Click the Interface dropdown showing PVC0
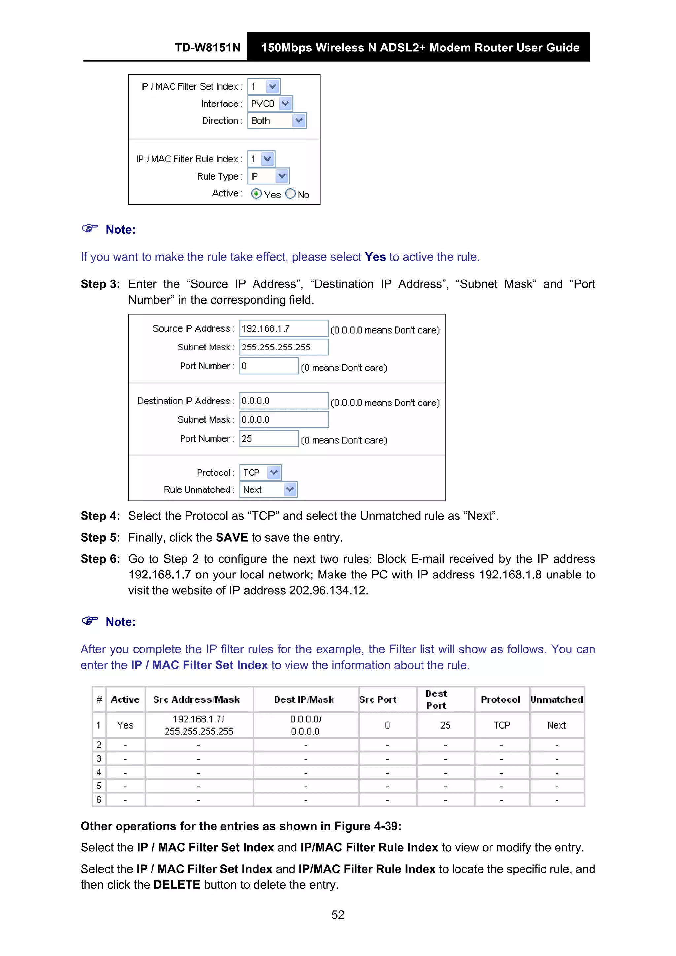pos(270,104)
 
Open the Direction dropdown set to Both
pos(277,121)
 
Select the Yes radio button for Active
pos(256,194)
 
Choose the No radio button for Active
pos(290,194)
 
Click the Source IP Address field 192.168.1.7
pos(283,329)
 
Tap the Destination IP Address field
pos(283,401)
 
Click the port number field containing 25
pos(269,439)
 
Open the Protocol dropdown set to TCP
pos(260,473)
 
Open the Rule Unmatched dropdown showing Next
pos(269,490)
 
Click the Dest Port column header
pos(436,700)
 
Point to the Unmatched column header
pos(557,700)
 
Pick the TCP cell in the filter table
pos(501,725)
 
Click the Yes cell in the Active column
pos(125,725)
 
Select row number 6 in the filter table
pos(99,800)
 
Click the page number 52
pos(338,915)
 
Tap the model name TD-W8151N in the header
pos(207,48)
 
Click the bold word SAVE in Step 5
pos(232,538)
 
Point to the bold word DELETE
pos(177,885)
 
